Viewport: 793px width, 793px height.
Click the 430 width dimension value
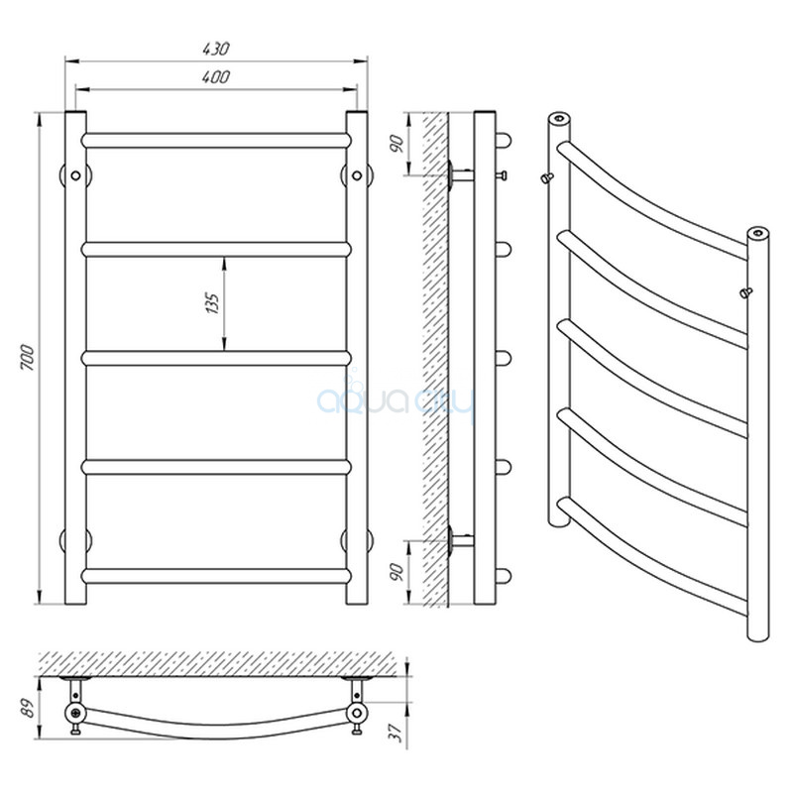(216, 49)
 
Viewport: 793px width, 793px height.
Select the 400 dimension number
(216, 77)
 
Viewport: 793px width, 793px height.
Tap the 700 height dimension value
(28, 357)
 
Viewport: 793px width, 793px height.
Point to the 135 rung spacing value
(213, 303)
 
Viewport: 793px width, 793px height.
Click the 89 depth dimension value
(29, 708)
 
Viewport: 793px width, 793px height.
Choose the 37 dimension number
(398, 732)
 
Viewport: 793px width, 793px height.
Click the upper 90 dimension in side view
(398, 144)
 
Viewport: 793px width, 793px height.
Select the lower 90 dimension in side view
(398, 572)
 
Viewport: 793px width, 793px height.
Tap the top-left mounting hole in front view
(76, 175)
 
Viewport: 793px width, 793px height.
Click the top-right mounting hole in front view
(357, 175)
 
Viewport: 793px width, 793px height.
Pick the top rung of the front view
(216, 141)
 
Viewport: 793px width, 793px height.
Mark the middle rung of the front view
(216, 358)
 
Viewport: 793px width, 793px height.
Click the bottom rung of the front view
(216, 576)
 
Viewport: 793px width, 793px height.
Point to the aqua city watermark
(396, 399)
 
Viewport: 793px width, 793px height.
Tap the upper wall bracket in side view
(460, 175)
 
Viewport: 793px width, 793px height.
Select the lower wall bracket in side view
(460, 540)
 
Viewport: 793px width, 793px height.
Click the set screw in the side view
(502, 175)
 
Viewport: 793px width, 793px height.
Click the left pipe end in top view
(75, 713)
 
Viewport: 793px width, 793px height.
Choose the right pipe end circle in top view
(357, 713)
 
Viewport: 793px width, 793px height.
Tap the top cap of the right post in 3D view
(757, 233)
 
